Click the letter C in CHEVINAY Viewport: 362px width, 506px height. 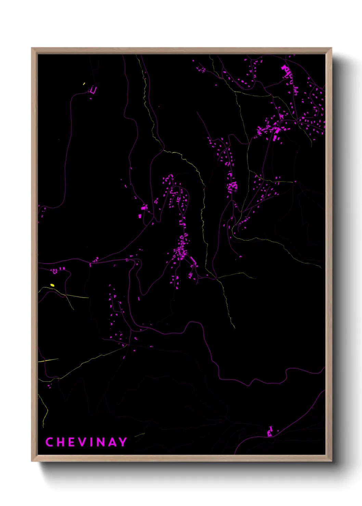[49, 442]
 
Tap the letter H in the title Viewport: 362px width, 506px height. [60, 442]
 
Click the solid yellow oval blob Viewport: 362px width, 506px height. [52, 285]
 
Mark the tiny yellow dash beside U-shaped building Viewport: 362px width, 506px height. [84, 83]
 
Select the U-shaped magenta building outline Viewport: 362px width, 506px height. [93, 90]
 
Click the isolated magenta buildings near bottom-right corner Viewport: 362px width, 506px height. [270, 432]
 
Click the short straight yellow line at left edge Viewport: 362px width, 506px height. [48, 360]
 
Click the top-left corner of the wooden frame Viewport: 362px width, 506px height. [32, 48]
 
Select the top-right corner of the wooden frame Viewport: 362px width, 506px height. [331, 48]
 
